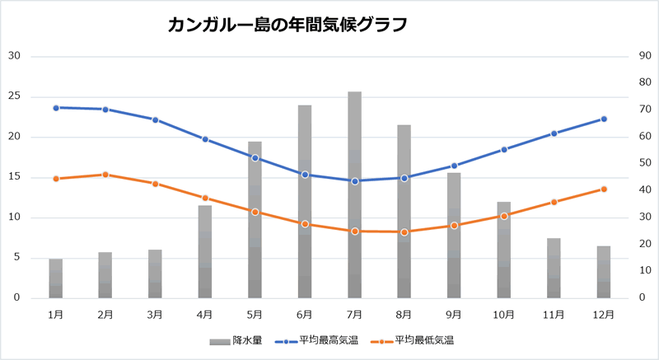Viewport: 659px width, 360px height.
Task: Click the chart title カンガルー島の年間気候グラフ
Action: [287, 25]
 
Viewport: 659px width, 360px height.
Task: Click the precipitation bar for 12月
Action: [604, 272]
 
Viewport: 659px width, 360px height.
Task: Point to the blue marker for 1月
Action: [56, 108]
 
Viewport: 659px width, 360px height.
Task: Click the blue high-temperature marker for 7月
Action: [354, 181]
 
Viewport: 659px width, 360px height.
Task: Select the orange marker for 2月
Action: [105, 175]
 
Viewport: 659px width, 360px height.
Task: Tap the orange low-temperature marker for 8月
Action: [404, 232]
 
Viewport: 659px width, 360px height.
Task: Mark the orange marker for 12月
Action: [604, 189]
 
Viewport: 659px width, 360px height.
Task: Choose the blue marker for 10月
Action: [504, 149]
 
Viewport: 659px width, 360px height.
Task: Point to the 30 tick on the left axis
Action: [14, 56]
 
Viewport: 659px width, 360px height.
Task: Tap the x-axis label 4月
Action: [205, 314]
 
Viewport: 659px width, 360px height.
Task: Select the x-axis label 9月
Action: [454, 314]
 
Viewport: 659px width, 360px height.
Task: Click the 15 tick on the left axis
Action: [14, 177]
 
